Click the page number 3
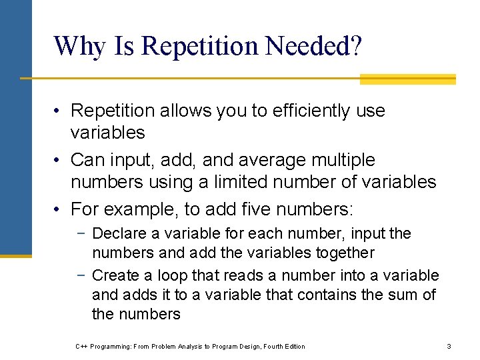click(449, 346)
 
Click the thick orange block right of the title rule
click(407, 79)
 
